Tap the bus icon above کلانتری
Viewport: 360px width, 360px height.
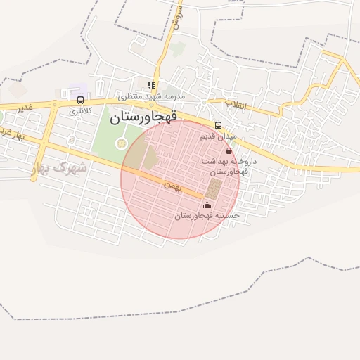tap(80, 101)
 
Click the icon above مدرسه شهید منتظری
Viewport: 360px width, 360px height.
tap(151, 85)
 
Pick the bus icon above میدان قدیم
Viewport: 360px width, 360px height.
tap(218, 125)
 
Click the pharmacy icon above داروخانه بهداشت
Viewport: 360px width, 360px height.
tap(229, 150)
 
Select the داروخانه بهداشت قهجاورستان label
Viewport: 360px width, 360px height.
tap(229, 166)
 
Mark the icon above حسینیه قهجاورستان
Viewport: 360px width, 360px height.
tap(206, 205)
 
